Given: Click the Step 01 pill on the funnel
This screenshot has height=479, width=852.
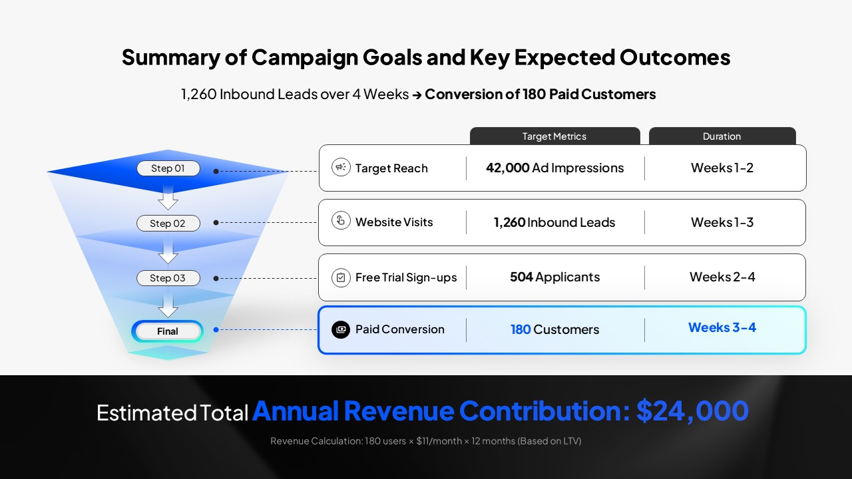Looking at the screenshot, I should (x=168, y=168).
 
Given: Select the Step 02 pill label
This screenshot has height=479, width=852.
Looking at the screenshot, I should (x=168, y=224).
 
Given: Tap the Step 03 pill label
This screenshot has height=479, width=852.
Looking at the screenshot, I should (x=168, y=278).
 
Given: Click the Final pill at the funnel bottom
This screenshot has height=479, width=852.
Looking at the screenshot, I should (x=168, y=331).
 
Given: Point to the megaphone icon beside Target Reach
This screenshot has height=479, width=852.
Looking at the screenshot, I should (x=341, y=168).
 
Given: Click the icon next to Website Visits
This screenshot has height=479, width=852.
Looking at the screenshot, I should (x=341, y=222).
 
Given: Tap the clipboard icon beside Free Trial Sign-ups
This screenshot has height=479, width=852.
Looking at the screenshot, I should (x=341, y=277).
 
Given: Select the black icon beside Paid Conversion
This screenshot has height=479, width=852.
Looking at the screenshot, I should (x=341, y=329).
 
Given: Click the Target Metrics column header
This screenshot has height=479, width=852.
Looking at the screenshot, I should (x=554, y=136).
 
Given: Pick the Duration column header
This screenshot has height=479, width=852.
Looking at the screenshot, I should (x=722, y=136).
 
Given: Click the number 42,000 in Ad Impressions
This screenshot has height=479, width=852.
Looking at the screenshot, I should (x=507, y=168).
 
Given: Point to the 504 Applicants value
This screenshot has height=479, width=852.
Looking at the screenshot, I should (x=554, y=277).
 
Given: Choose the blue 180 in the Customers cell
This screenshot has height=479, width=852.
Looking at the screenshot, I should (x=521, y=329).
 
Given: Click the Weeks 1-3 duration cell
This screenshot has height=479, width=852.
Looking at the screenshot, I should (x=722, y=222).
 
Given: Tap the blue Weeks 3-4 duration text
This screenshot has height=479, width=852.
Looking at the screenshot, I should (x=722, y=327).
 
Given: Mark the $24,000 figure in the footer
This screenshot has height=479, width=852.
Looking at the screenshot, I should (x=692, y=411).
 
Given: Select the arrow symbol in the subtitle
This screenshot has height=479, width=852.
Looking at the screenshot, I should (x=417, y=95).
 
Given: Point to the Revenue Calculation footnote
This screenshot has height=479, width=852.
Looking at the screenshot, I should (x=425, y=441).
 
